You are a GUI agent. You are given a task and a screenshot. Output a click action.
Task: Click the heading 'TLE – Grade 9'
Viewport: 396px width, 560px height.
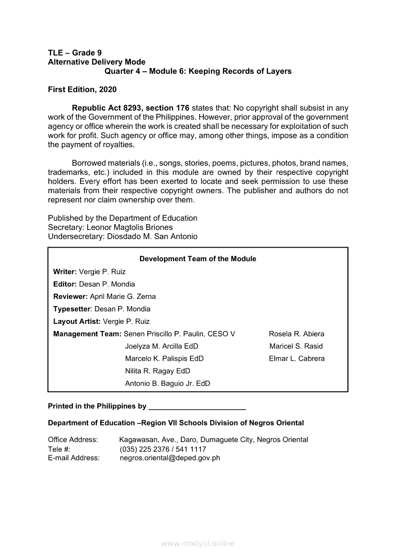click(75, 53)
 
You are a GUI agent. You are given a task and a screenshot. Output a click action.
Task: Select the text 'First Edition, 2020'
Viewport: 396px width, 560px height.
click(82, 90)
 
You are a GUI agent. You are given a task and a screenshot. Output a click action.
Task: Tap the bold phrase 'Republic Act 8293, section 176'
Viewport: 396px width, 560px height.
click(131, 108)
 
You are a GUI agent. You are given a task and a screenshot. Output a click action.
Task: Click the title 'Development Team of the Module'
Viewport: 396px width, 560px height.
click(198, 259)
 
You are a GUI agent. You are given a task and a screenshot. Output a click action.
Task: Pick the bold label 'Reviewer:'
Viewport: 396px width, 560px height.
click(70, 297)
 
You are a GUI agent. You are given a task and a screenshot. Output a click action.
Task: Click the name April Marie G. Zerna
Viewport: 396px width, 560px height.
click(123, 297)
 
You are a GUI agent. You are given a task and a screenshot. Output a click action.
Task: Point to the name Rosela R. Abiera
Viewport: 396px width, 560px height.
click(296, 334)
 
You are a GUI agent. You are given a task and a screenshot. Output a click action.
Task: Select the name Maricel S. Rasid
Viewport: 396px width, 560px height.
click(296, 346)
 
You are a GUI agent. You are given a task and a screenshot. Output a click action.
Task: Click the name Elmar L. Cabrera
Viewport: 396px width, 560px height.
click(296, 359)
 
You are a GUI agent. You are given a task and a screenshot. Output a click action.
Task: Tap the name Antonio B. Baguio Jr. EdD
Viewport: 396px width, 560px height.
click(167, 384)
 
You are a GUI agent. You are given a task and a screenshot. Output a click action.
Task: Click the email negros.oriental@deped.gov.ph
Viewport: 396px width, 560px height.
click(170, 458)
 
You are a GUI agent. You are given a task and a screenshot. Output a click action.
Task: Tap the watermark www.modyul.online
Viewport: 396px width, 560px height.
click(198, 544)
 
